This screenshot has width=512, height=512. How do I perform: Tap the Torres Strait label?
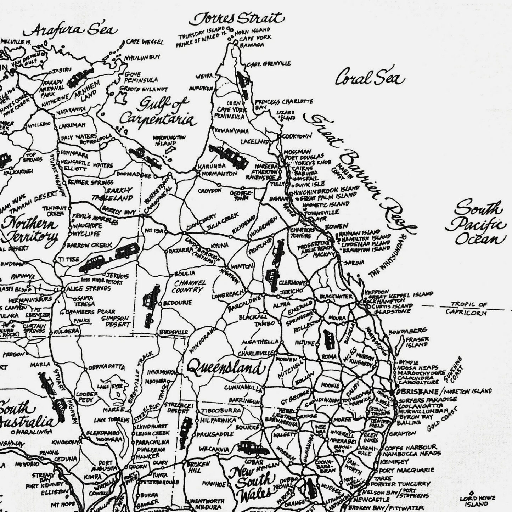coord(237,19)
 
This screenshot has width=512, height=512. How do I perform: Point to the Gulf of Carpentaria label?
coord(158,112)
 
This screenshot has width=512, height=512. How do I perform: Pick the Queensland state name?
coord(225,368)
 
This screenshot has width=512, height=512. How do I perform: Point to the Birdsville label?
coord(174,332)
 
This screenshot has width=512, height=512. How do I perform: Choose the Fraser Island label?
coord(417,342)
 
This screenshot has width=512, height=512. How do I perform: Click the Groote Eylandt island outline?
coord(122,98)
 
